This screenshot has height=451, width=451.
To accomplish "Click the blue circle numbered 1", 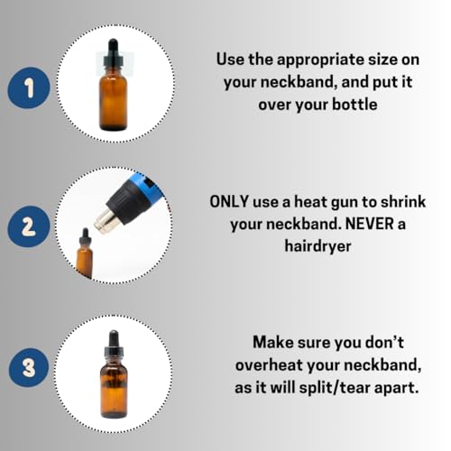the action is click(29, 87).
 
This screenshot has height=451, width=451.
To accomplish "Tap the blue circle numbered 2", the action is click(29, 226).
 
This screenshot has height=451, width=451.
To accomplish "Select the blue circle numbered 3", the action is click(29, 367).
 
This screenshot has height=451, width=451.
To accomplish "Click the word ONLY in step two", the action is click(229, 201).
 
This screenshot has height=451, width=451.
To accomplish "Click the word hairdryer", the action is click(318, 246).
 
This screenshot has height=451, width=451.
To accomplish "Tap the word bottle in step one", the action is click(354, 105).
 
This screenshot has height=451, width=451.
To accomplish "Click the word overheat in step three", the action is click(269, 365).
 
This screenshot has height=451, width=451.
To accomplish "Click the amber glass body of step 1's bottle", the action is click(113, 101).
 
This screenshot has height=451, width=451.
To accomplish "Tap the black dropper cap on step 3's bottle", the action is click(114, 345).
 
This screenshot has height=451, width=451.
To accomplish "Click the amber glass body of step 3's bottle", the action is click(114, 390).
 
